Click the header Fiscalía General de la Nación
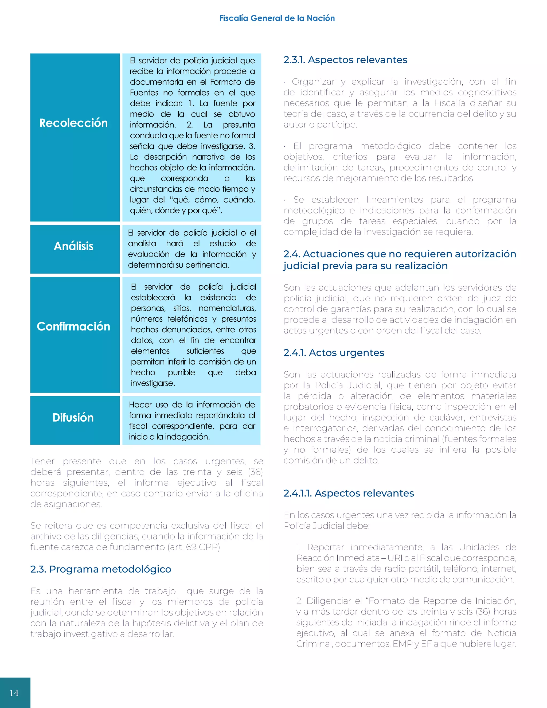pyautogui.click(x=277, y=18)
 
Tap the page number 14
pyautogui.click(x=14, y=693)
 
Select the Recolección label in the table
pyautogui.click(x=73, y=123)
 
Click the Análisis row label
pyautogui.click(x=73, y=246)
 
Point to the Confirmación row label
pyautogui.click(x=73, y=326)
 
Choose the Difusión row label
pyautogui.click(x=73, y=418)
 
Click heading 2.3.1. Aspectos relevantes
pyautogui.click(x=345, y=60)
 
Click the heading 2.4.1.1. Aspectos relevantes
pyautogui.click(x=348, y=493)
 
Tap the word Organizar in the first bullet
pyautogui.click(x=313, y=82)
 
